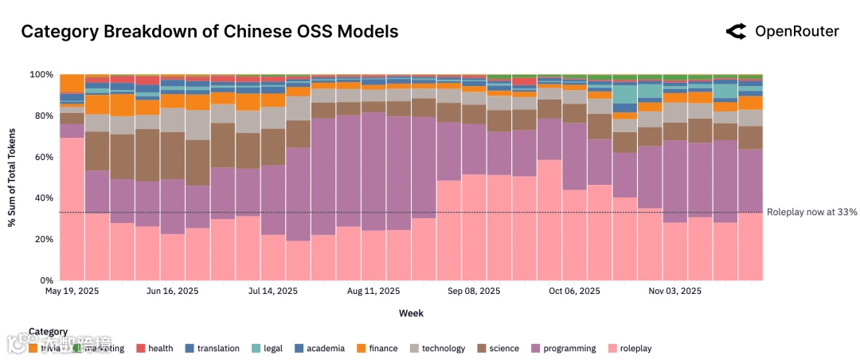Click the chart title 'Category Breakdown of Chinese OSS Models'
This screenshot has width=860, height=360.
click(209, 32)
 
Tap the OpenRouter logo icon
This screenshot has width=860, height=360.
click(735, 32)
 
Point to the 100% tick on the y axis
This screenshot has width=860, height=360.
click(41, 75)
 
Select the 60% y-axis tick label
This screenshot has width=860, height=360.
click(43, 157)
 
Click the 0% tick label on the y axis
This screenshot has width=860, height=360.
click(46, 280)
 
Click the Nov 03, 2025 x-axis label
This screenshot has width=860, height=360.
click(675, 292)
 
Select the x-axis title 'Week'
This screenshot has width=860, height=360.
click(411, 314)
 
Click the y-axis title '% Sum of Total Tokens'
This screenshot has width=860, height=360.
click(13, 178)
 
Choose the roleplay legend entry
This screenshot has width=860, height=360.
click(635, 348)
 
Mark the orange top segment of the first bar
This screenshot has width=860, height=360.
click(72, 83)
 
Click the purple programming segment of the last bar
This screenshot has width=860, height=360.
click(750, 180)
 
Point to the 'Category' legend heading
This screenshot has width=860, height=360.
click(48, 331)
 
